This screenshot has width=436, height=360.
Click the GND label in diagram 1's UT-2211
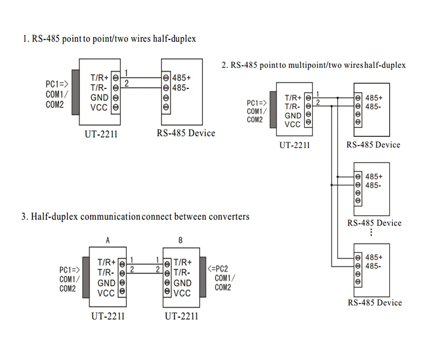[x=99, y=98]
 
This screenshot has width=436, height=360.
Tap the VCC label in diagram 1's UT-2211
[x=99, y=108]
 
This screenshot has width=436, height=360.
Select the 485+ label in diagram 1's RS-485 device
[x=181, y=78]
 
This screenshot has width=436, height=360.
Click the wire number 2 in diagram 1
[x=126, y=83]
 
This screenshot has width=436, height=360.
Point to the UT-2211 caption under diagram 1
[x=101, y=134]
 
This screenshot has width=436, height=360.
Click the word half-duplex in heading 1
[x=174, y=39]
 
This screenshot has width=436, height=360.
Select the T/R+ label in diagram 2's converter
[x=293, y=98]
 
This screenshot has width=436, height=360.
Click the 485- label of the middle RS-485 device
[x=373, y=185]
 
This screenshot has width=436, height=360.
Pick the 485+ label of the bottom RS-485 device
[x=374, y=257]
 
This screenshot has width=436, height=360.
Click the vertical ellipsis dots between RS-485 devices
[x=371, y=232]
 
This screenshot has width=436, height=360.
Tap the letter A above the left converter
[x=108, y=240]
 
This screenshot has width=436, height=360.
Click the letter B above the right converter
[x=180, y=240]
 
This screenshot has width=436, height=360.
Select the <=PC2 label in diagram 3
[x=218, y=269]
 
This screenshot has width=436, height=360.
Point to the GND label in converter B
[x=182, y=283]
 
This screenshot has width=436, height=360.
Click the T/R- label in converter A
[x=106, y=273]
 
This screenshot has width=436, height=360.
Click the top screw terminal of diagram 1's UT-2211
[x=116, y=78]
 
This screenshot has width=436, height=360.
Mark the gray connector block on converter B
[x=203, y=277]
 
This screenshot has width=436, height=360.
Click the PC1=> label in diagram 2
[x=257, y=103]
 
